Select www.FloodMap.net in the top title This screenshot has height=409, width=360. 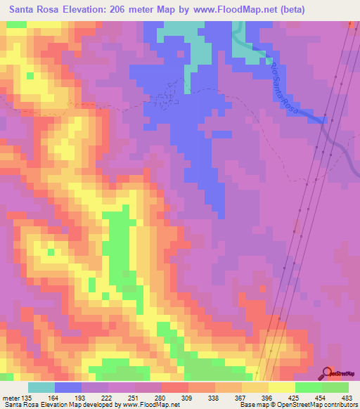(243, 10)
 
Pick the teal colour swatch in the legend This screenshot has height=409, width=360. (41, 387)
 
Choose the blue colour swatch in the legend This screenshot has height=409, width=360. (68, 387)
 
